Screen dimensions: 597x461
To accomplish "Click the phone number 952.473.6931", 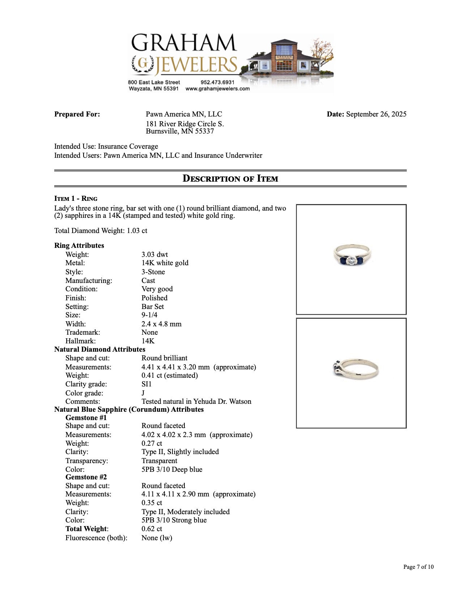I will (217, 82).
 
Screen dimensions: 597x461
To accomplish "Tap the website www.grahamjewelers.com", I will (217, 89).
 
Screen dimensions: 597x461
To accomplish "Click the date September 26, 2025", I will (376, 114).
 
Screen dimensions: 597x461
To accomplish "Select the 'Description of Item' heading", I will (230, 178).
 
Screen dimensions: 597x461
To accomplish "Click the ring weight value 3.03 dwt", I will (155, 254).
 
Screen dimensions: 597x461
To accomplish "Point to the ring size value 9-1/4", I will (149, 315).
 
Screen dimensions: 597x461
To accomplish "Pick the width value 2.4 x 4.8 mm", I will (161, 324).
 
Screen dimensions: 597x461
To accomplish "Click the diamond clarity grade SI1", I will (146, 384).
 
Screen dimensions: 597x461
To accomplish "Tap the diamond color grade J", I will (143, 393).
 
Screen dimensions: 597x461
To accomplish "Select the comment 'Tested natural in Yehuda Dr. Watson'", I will (196, 401).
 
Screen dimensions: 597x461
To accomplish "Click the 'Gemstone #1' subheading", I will (86, 418).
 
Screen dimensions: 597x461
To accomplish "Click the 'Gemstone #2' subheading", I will (86, 477).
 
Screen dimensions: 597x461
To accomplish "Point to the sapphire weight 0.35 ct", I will (152, 503).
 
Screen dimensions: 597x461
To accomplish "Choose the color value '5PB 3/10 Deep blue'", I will (172, 469).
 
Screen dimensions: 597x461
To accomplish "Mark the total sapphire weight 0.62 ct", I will (152, 529).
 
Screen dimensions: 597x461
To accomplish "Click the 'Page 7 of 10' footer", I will (418, 567).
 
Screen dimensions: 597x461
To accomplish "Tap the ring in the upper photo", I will (352, 255).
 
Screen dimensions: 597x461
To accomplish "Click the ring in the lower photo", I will (355, 368).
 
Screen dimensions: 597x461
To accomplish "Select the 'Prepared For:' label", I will (77, 114).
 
